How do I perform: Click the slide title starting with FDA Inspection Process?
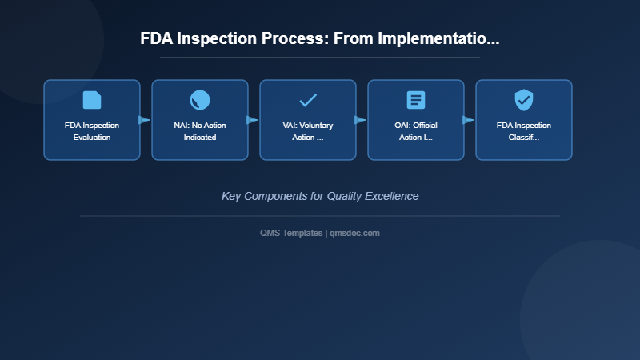[x=320, y=38]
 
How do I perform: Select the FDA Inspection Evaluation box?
[x=92, y=120]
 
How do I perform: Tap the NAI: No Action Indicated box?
[x=200, y=120]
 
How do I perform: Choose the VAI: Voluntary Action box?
[x=308, y=120]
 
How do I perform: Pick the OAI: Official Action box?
[x=416, y=120]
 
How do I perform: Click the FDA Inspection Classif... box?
[x=524, y=120]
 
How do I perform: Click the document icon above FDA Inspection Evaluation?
[x=92, y=100]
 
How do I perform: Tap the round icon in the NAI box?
[x=200, y=100]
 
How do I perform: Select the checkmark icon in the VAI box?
[x=308, y=100]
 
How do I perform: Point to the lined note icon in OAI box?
[x=416, y=100]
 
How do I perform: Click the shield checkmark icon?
[x=524, y=100]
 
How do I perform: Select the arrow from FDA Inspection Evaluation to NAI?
[x=145, y=120]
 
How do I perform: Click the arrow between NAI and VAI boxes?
[x=253, y=120]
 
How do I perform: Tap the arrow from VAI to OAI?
[x=361, y=120]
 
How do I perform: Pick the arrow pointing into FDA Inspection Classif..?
[x=469, y=120]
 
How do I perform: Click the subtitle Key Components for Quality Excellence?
[x=320, y=196]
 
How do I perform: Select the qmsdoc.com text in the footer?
[x=354, y=233]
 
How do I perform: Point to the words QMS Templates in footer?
[x=292, y=233]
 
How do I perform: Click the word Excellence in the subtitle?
[x=393, y=196]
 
